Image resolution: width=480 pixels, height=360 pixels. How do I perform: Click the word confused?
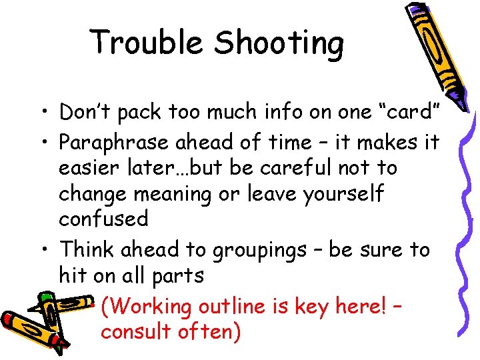(x=104, y=219)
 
